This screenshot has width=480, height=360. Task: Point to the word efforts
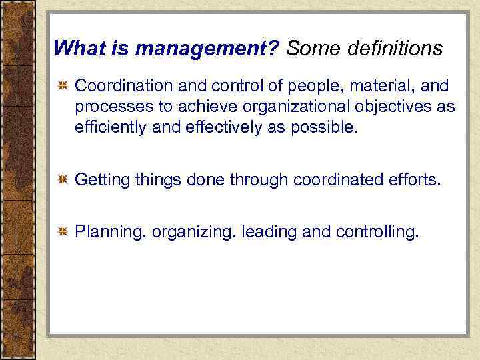point(416,179)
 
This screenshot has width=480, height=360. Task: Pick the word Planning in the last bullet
point(111,232)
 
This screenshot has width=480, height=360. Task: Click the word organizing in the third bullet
point(193,232)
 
